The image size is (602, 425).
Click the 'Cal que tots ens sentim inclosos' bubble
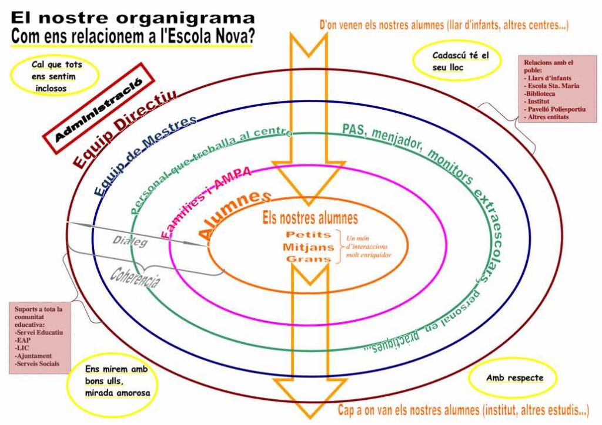[53, 76]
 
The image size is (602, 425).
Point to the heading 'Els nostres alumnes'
[310, 218]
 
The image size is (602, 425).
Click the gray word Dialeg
[130, 241]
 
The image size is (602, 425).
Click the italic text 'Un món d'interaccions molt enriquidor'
[368, 247]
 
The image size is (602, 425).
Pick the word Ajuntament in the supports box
[34, 356]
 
